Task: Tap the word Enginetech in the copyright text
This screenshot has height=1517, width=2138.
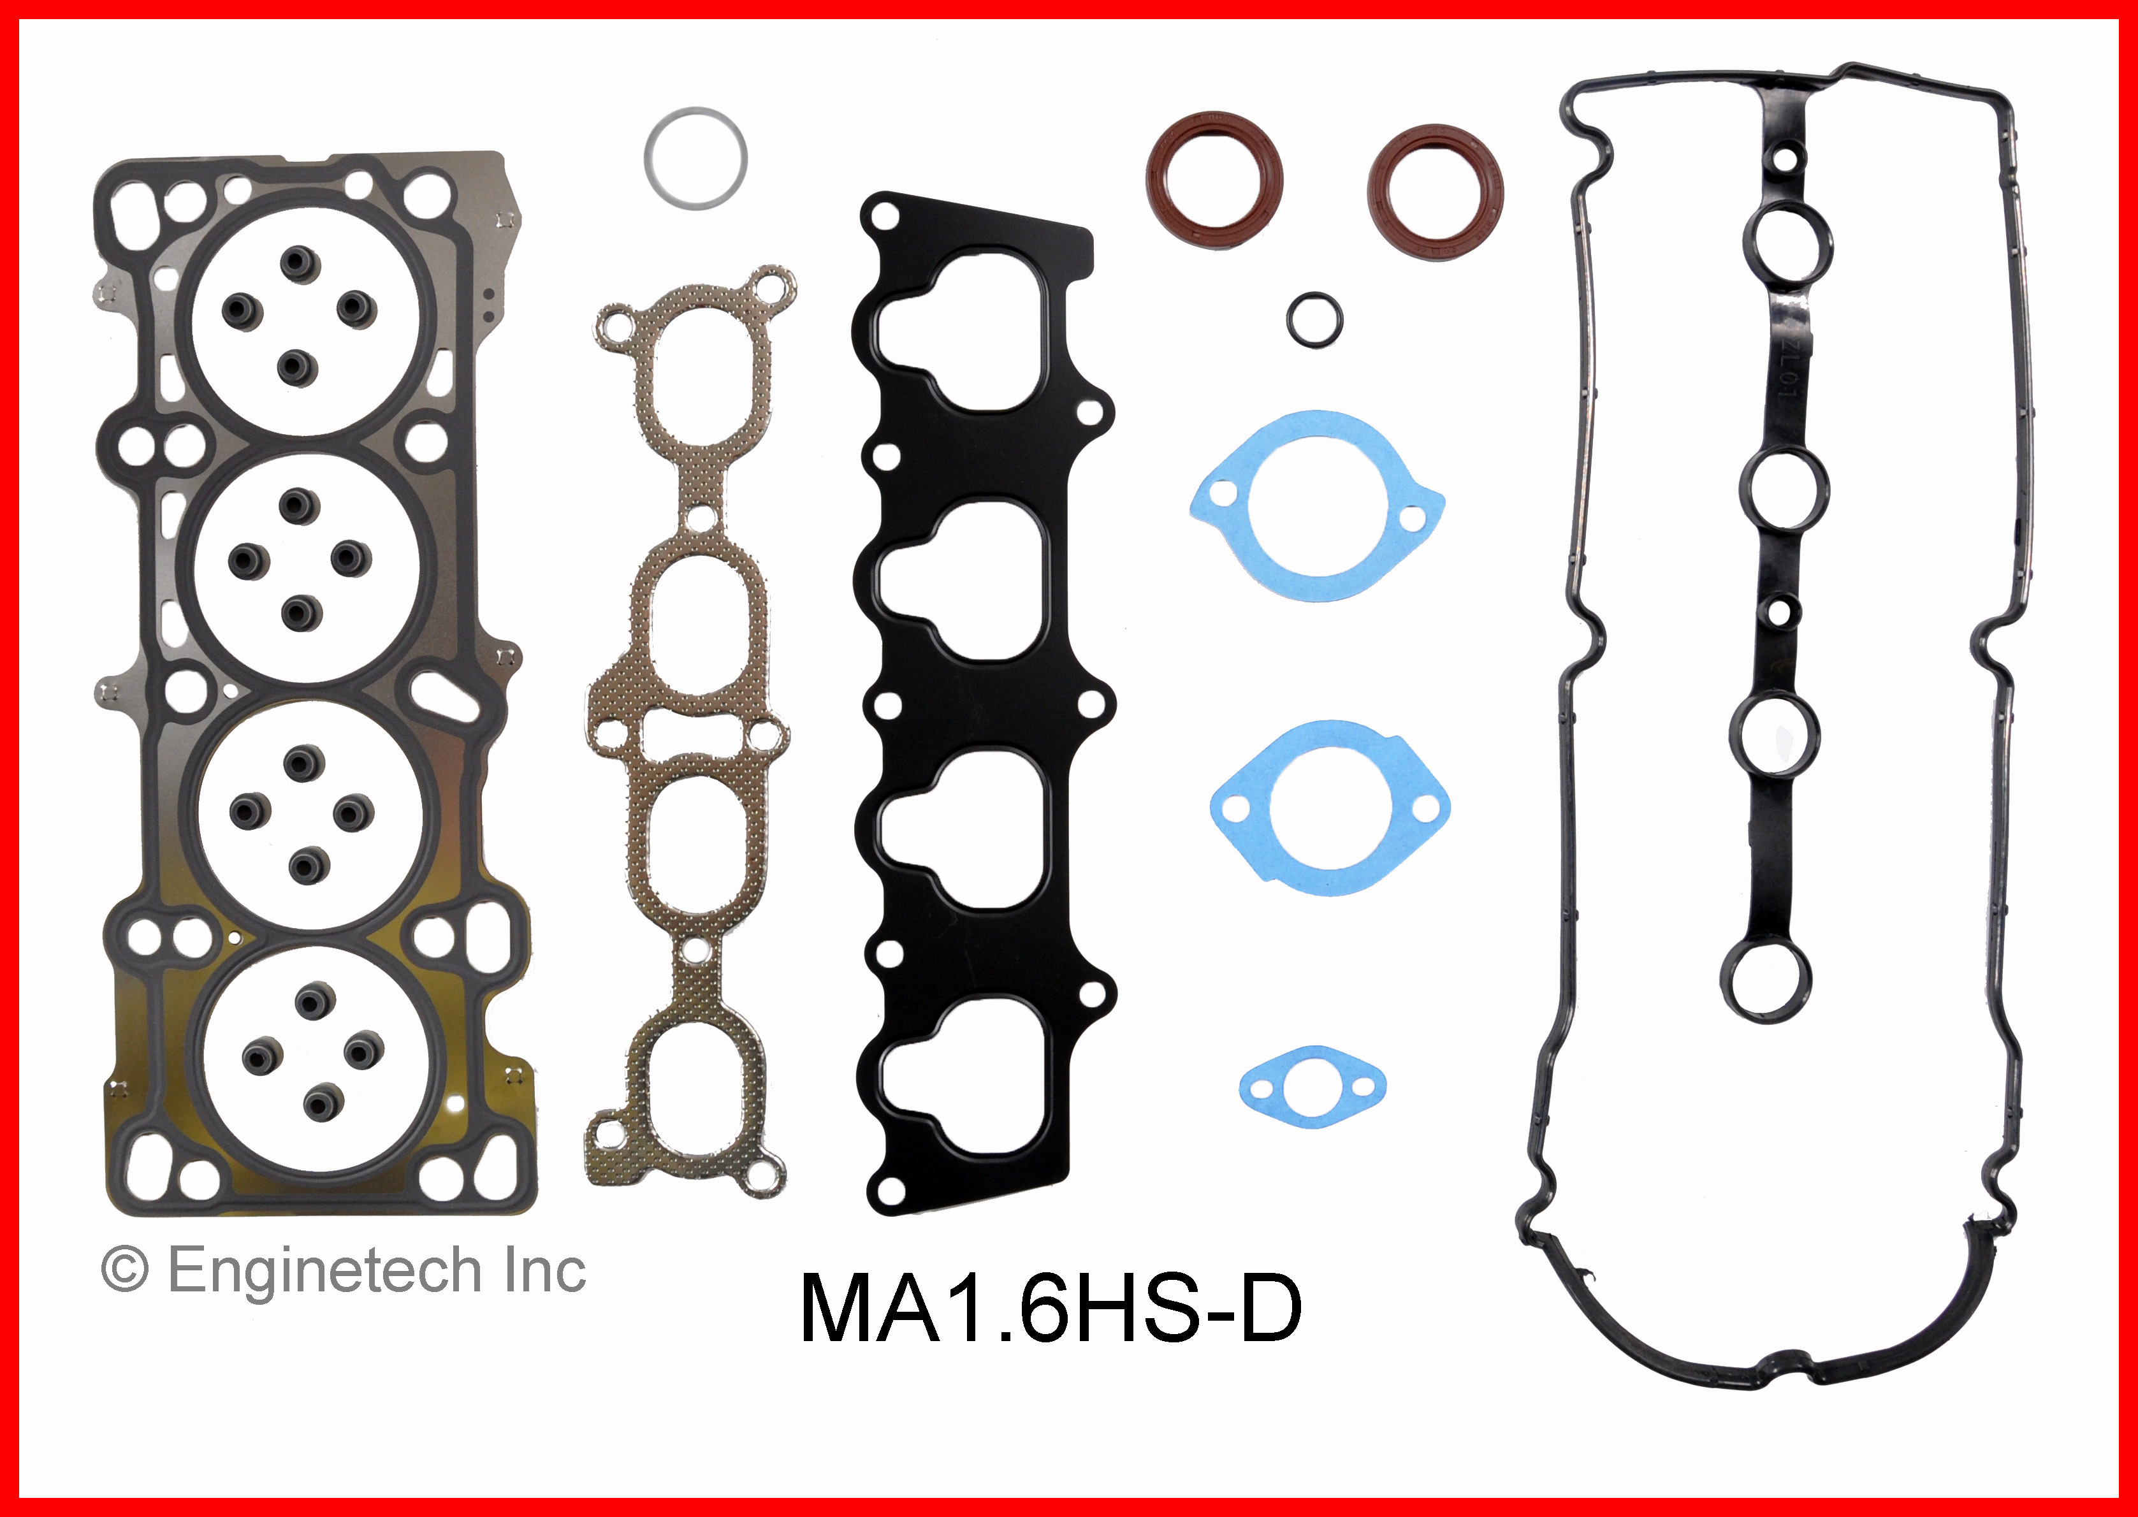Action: click(x=323, y=1272)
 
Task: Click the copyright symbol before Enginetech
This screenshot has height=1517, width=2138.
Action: click(x=124, y=1272)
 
